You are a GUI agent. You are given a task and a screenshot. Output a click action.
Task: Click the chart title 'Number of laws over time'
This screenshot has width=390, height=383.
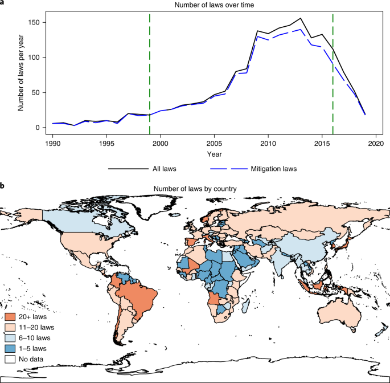click(x=199, y=5)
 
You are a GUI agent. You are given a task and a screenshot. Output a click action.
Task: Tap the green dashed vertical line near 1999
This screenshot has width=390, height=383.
click(x=150, y=68)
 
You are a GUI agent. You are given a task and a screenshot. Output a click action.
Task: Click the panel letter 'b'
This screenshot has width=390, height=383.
click(x=3, y=186)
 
